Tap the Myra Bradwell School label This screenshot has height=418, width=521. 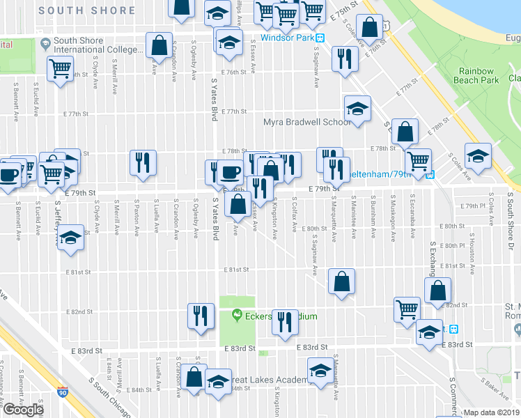[307, 123]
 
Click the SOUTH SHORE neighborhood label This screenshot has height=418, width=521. [87, 10]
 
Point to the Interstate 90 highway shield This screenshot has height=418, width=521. [63, 392]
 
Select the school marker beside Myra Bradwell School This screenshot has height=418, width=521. [357, 109]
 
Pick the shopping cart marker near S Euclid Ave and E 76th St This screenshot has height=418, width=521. [61, 69]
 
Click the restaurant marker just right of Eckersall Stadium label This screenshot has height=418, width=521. [284, 322]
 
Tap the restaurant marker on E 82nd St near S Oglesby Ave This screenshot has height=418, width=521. [201, 316]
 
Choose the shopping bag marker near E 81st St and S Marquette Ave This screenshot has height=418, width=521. [341, 281]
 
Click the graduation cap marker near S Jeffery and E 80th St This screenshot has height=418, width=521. [70, 238]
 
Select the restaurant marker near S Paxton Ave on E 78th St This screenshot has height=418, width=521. [143, 162]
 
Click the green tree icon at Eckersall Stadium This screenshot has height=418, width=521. [236, 316]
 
